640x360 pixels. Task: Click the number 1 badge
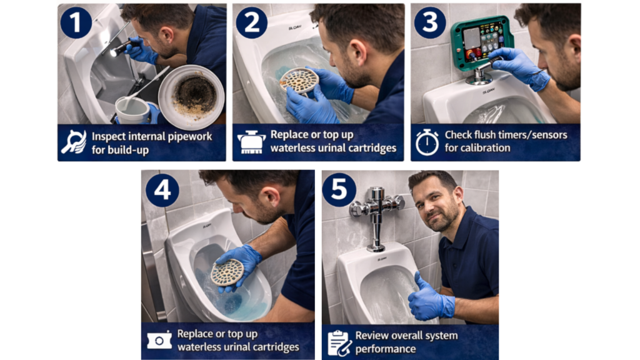click(76, 22)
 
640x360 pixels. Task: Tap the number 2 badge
click(251, 22)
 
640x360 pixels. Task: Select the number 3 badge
click(430, 22)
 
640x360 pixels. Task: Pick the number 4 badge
click(162, 190)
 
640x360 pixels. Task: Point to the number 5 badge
click(339, 190)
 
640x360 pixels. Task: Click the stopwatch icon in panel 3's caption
click(427, 142)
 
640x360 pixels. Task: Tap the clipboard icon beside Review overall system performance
click(339, 343)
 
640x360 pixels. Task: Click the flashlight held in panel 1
click(122, 47)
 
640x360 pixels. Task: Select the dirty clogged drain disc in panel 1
click(191, 96)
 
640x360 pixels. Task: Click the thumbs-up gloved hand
click(431, 297)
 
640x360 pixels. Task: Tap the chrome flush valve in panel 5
click(376, 217)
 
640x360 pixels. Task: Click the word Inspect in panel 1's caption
click(108, 136)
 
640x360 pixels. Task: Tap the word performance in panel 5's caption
click(385, 349)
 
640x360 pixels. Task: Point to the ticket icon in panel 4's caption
click(159, 340)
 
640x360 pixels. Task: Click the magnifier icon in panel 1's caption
click(74, 142)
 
